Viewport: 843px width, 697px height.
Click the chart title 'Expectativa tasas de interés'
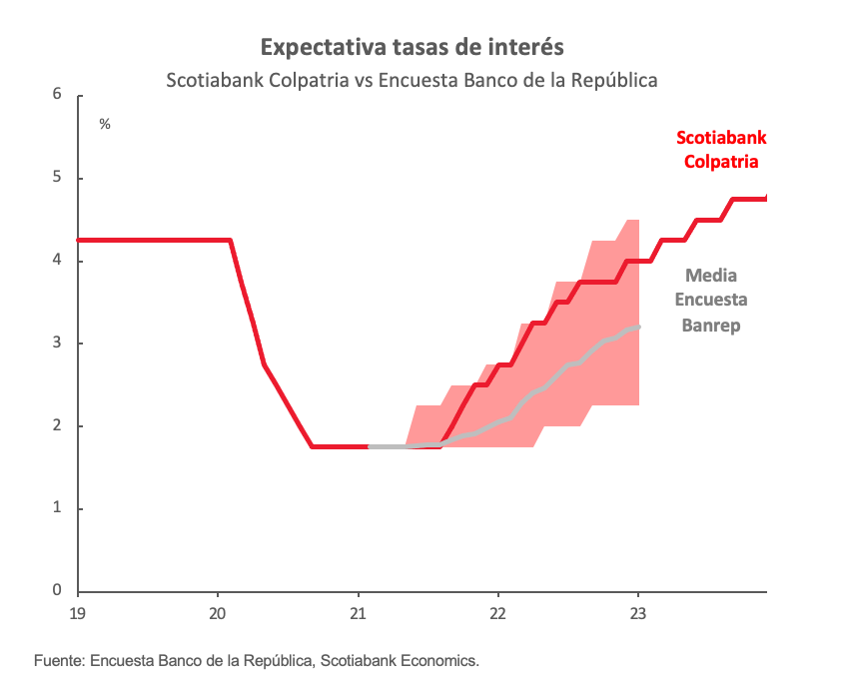click(x=412, y=47)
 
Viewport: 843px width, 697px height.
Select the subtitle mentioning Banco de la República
click(x=412, y=80)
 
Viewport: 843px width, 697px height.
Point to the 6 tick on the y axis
click(x=57, y=96)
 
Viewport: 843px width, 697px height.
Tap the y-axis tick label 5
click(x=57, y=179)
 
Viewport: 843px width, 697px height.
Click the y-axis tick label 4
click(x=57, y=261)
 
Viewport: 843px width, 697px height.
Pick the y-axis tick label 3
click(x=57, y=344)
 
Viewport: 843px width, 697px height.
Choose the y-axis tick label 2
click(x=57, y=426)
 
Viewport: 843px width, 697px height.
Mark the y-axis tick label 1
click(x=57, y=508)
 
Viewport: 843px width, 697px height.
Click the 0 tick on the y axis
click(x=57, y=591)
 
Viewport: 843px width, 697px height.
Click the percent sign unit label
click(x=105, y=124)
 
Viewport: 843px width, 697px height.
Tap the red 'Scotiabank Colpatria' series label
click(x=721, y=150)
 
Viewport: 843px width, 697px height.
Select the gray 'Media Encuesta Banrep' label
click(x=711, y=301)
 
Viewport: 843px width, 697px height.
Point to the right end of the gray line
click(x=638, y=327)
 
